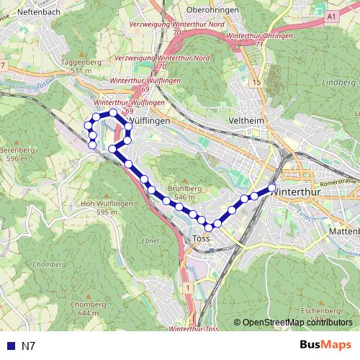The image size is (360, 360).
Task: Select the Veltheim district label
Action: coord(246,120)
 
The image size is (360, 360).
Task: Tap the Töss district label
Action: coord(202,239)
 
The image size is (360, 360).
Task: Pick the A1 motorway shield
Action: coord(331,15)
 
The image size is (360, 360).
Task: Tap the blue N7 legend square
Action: coord(9,346)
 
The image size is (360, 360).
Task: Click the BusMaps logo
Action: coord(325,345)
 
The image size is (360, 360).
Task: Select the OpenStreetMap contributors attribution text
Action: coord(297,323)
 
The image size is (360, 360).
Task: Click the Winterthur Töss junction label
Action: coord(193,329)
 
